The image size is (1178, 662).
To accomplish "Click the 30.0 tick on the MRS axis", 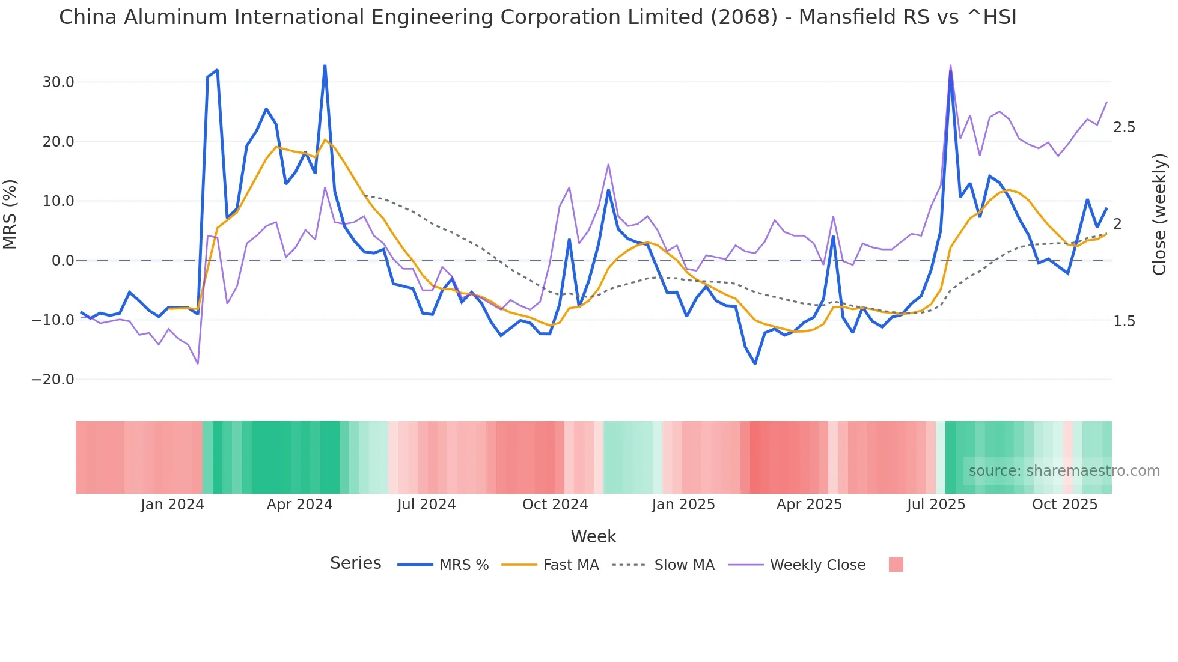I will click(x=58, y=82).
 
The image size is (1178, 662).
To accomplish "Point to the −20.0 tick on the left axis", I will click(x=53, y=380).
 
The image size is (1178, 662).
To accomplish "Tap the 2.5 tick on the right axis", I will click(x=1124, y=127).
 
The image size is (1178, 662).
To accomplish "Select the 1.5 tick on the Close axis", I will click(x=1124, y=321).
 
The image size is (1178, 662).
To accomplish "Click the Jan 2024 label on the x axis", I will click(x=172, y=505).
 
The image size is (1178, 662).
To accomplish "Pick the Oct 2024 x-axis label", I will click(x=555, y=505).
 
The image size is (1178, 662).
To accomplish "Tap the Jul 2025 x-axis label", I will click(x=936, y=505).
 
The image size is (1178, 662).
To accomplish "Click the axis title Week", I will click(x=593, y=536).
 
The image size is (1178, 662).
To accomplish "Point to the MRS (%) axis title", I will click(x=10, y=214).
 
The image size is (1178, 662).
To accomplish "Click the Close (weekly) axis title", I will click(x=1159, y=214).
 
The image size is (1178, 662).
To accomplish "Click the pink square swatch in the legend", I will click(x=896, y=565).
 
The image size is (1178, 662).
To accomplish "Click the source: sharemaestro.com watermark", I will click(x=1064, y=471).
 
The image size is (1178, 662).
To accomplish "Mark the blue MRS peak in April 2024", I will click(x=325, y=65).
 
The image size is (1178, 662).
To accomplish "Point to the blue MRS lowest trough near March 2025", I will click(x=755, y=363).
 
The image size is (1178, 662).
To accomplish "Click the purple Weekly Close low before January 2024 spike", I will click(x=198, y=363).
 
